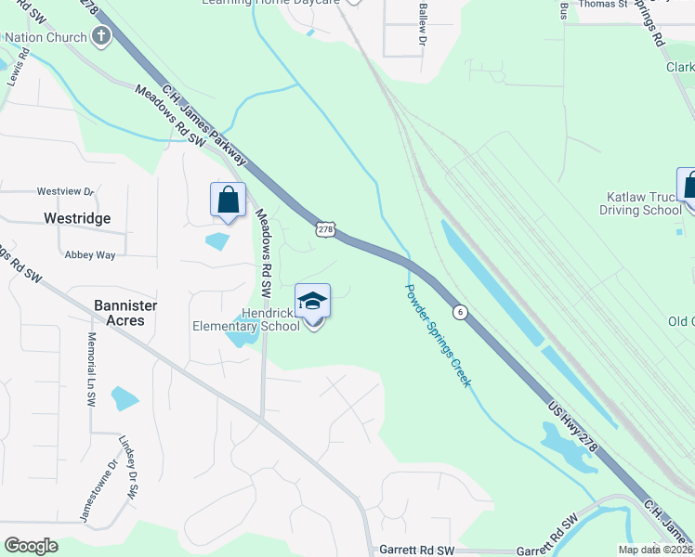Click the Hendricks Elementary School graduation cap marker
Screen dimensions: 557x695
[312, 302]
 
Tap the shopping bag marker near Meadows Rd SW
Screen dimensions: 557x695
[229, 201]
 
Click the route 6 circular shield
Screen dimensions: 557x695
[460, 310]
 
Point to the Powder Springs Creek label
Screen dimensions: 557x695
[438, 335]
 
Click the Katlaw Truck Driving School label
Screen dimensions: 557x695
[644, 203]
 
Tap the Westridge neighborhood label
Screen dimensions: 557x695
[77, 218]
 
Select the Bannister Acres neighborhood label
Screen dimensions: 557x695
[125, 312]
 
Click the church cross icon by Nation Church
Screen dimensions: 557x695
[100, 37]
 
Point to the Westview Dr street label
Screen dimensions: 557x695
[66, 191]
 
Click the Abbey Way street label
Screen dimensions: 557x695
[89, 254]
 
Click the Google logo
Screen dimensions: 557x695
[32, 546]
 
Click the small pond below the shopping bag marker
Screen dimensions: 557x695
[217, 242]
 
